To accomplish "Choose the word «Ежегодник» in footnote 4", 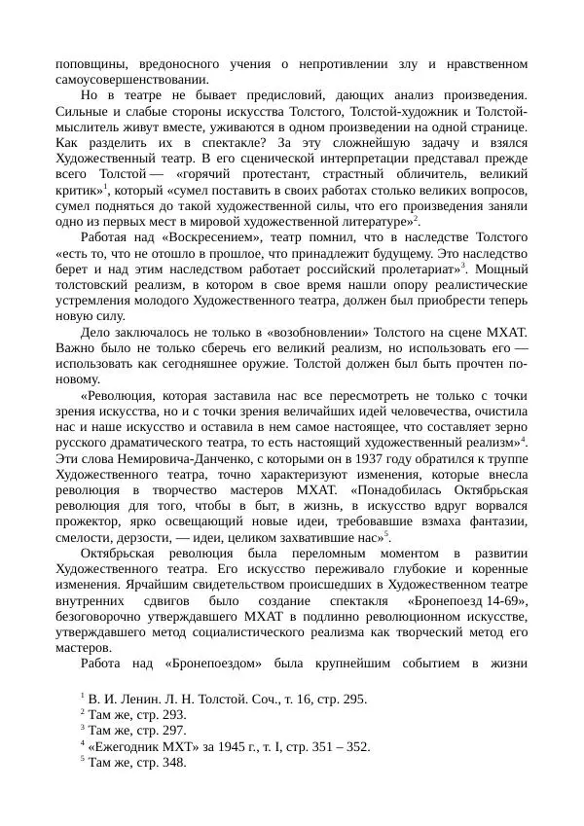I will (x=128, y=746).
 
